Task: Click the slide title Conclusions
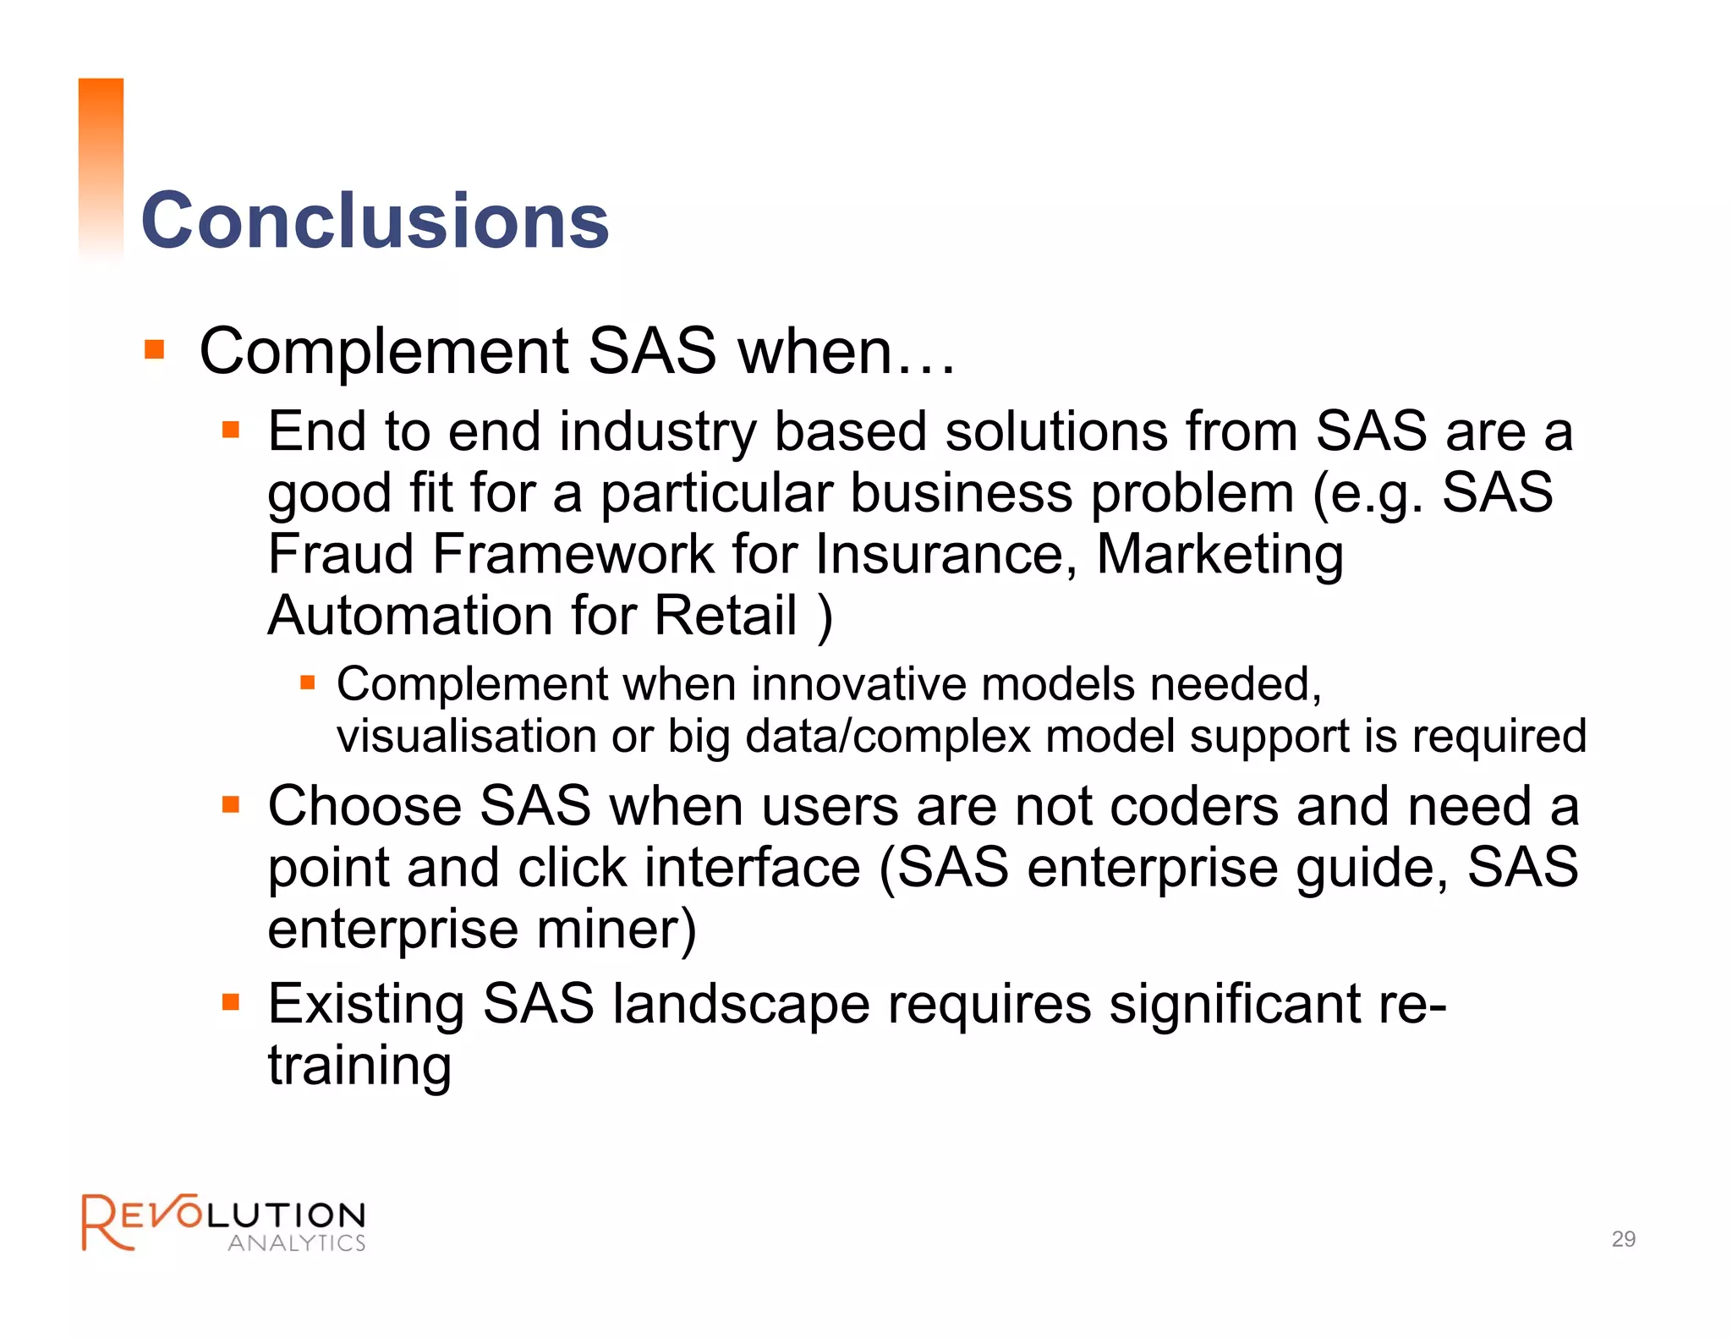point(375,220)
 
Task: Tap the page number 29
point(1623,1239)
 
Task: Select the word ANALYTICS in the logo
point(297,1243)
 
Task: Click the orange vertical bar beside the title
point(101,169)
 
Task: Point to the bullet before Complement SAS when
point(154,349)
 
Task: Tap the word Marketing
point(1220,554)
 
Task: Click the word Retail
point(726,615)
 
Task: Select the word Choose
point(364,805)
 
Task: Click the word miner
point(616,929)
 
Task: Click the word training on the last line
point(359,1066)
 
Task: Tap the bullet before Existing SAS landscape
point(231,1003)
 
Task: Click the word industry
point(657,431)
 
